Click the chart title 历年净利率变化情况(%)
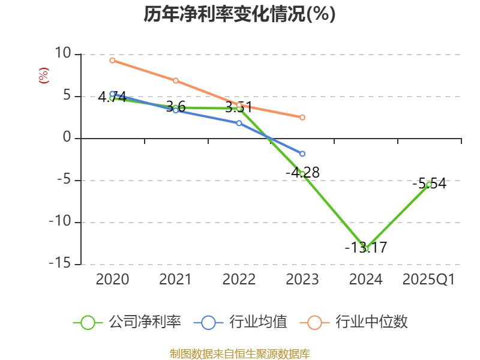coord(239,14)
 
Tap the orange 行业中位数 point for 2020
coord(112,60)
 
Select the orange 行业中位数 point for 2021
coord(176,80)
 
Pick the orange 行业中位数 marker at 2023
coord(302,118)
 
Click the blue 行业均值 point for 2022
coord(239,123)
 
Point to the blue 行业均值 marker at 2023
coord(302,154)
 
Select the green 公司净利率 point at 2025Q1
coord(429,184)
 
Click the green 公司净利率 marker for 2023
coord(302,174)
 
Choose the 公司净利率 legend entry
coord(127,322)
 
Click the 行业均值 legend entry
coord(241,322)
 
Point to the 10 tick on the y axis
coord(63,54)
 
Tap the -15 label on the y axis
coord(59,264)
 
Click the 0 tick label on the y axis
coord(67,138)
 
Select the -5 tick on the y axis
coord(63,180)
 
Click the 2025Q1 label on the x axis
coord(429,280)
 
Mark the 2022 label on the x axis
coord(239,280)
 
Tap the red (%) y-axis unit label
coord(43,76)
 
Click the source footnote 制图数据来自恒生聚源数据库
coord(239,353)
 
